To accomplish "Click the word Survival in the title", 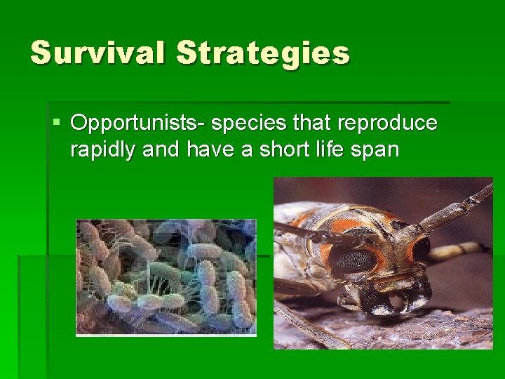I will point(97,53).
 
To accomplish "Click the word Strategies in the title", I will point(263,53).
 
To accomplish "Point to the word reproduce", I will point(387,124).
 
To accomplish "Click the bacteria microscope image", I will point(166,277).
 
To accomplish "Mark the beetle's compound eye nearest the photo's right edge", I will point(422,248).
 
